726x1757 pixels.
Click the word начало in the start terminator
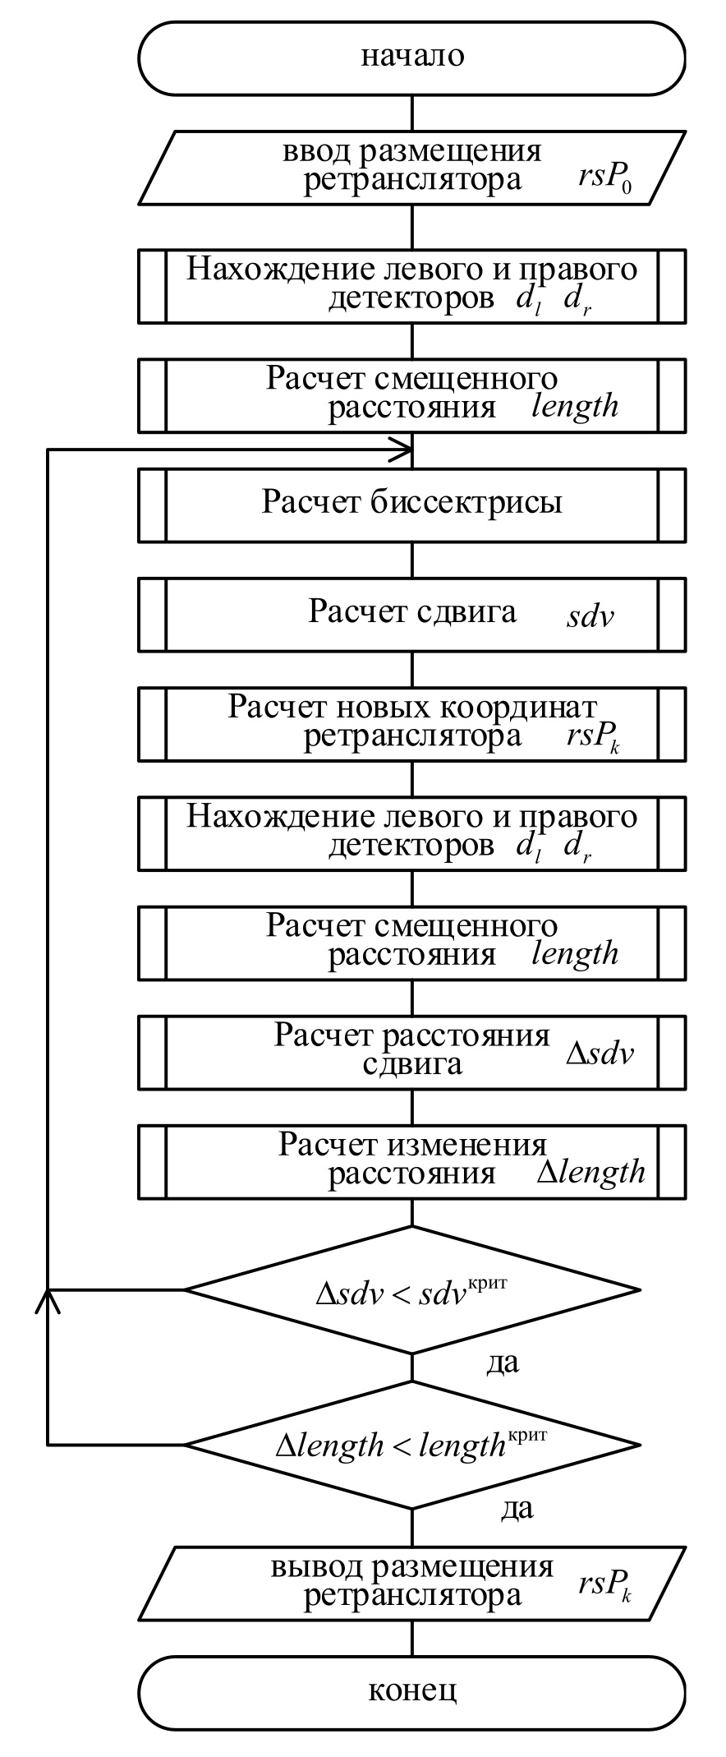click(412, 57)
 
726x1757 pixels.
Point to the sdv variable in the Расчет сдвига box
click(590, 616)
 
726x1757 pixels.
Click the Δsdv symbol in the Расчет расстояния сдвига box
click(600, 1054)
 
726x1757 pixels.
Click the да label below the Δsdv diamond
click(503, 1363)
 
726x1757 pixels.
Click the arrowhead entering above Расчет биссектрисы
click(402, 450)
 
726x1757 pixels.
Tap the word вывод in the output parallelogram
click(315, 1566)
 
